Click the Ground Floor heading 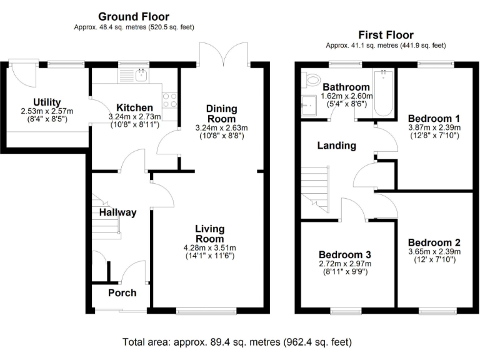pos(134,16)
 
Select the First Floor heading pos(386,35)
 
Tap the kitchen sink pos(141,75)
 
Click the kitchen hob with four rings pos(170,100)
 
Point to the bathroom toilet pos(309,79)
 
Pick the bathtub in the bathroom pos(383,93)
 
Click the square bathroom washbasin pos(309,105)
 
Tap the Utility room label pos(47,102)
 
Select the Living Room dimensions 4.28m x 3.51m pos(210,248)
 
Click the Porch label pos(122,293)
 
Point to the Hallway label pos(117,212)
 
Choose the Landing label pos(336,146)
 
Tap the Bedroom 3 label pos(345,254)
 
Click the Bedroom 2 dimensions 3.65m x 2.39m pos(434,252)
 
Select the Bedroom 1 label pos(434,118)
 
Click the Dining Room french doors pos(224,54)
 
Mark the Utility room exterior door pos(24,73)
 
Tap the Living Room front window pos(206,311)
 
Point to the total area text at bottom pos(237,342)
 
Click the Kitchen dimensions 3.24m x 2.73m pos(135,117)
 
